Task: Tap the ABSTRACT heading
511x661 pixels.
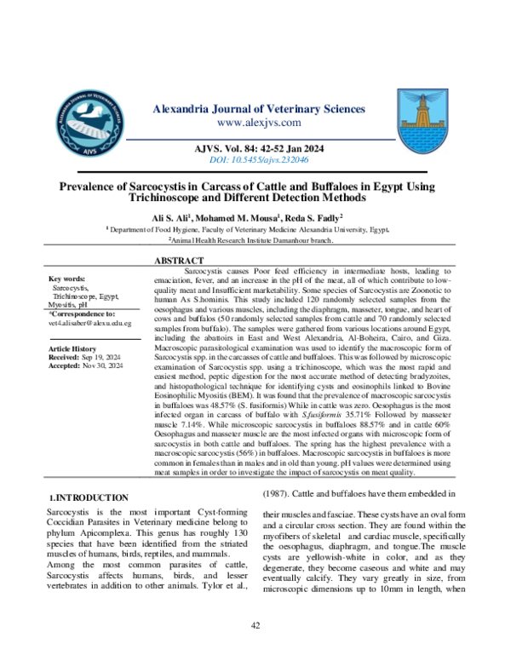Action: tap(179, 260)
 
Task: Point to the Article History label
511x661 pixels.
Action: tap(73, 349)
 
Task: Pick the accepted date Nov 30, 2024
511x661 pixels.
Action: tap(103, 365)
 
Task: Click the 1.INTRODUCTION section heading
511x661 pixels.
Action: tap(89, 497)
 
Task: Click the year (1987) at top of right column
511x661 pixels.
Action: tap(280, 493)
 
